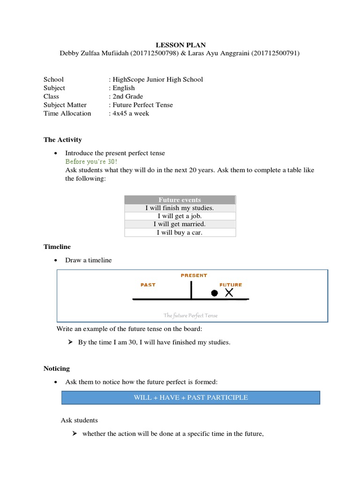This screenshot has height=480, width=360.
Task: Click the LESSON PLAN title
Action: coord(180,45)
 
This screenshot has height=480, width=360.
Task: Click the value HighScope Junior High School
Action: coord(157,79)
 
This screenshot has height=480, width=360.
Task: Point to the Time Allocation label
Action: coord(67,113)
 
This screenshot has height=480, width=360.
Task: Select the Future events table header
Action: coord(180,200)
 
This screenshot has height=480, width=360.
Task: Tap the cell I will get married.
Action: coord(180,224)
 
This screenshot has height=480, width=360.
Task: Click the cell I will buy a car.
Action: coord(180,232)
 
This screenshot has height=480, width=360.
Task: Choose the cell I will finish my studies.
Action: coord(180,208)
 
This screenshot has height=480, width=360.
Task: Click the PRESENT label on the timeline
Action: coord(194,276)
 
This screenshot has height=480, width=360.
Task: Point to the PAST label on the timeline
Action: coord(148,285)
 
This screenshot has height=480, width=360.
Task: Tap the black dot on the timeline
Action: coord(214,293)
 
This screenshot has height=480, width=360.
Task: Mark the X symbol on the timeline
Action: coord(229,292)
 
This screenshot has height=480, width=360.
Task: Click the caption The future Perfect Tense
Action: coord(190,315)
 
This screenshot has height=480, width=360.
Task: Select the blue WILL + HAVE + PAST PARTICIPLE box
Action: coord(191,397)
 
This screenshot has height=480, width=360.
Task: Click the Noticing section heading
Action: coord(57,369)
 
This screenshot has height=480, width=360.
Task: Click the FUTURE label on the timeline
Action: coord(231,285)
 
